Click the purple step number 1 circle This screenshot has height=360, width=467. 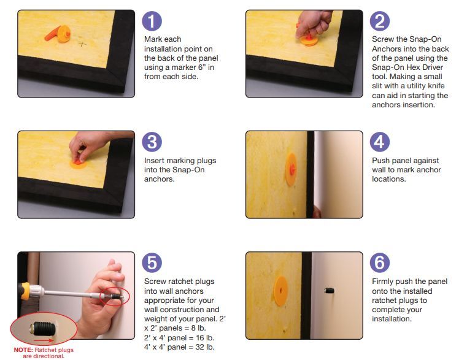(x=152, y=21)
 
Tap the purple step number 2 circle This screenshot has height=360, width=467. (x=380, y=21)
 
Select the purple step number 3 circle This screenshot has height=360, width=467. (x=152, y=142)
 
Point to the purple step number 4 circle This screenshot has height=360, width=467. (x=380, y=142)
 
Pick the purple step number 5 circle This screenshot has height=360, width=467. (x=152, y=262)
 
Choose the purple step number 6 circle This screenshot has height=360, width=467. (x=380, y=262)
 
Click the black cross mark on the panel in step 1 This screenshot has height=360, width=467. (x=82, y=44)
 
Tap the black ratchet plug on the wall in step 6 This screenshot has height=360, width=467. (x=329, y=290)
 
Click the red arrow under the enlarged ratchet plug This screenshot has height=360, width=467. (x=44, y=340)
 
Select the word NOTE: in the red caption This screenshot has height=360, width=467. (x=23, y=350)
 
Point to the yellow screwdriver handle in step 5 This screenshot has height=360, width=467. (x=25, y=291)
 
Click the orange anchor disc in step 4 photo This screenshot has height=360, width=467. (x=291, y=169)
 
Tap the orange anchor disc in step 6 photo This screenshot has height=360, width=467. (x=280, y=291)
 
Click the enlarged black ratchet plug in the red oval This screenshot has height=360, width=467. (x=43, y=328)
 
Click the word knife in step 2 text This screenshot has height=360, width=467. (x=436, y=86)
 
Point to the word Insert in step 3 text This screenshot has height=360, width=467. (x=154, y=161)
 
